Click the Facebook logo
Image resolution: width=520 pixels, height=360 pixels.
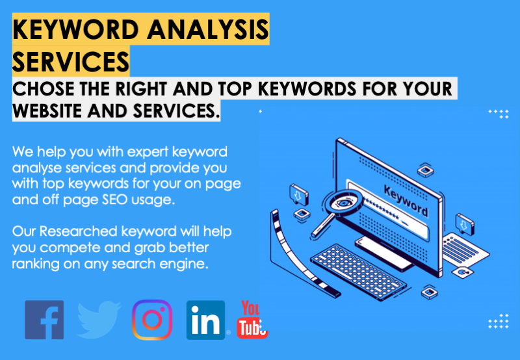[x=44, y=320]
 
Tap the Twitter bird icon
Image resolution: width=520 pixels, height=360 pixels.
[x=99, y=320]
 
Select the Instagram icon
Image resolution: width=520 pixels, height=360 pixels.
[x=152, y=320]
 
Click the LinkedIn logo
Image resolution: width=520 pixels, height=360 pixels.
[x=205, y=320]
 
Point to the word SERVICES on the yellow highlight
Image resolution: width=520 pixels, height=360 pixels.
[x=70, y=62]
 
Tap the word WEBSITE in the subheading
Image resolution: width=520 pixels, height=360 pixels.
[x=48, y=111]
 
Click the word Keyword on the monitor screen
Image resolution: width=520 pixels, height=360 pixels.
[x=406, y=201]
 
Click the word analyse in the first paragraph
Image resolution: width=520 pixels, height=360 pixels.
[x=36, y=168]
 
